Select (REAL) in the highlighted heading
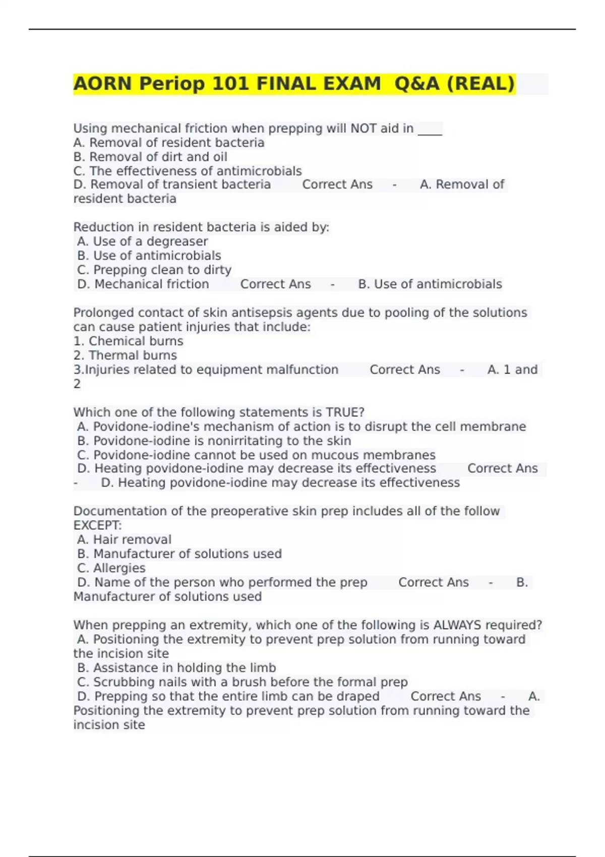click(481, 84)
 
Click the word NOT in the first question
click(364, 129)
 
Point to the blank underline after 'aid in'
click(430, 130)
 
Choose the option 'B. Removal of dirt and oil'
click(150, 157)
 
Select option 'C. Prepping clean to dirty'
click(154, 270)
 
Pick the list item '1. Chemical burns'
click(128, 341)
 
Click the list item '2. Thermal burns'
click(125, 355)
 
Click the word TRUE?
click(345, 412)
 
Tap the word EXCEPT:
click(97, 525)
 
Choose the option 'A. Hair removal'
click(124, 539)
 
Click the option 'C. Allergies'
click(111, 568)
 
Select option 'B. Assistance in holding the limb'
click(176, 668)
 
